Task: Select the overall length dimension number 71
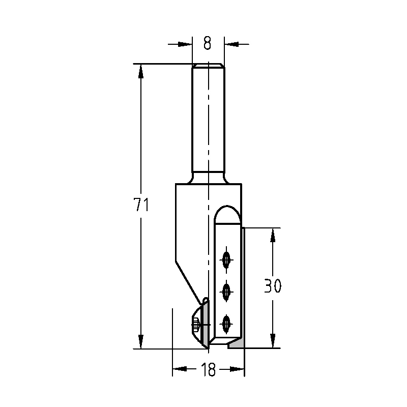click(x=141, y=205)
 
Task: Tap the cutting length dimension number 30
click(x=273, y=286)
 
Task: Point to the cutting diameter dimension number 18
click(x=209, y=370)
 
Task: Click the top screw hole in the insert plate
click(x=226, y=260)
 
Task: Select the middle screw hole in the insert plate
click(x=226, y=292)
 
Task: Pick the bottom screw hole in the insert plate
click(x=226, y=323)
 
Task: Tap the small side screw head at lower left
click(x=195, y=323)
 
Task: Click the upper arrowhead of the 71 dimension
click(x=141, y=71)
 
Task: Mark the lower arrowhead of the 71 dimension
click(x=141, y=341)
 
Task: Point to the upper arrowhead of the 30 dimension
click(x=273, y=235)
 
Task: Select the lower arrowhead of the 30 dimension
click(x=273, y=341)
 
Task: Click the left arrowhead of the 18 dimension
click(x=180, y=370)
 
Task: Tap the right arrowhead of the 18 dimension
click(x=238, y=370)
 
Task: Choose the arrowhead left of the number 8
click(x=186, y=44)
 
